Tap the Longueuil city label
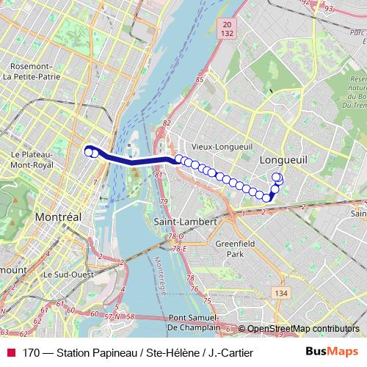click(x=282, y=159)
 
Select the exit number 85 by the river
click(x=199, y=79)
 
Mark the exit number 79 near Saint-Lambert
click(x=164, y=201)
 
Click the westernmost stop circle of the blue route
click(x=89, y=152)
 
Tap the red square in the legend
click(x=11, y=352)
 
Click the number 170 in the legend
click(x=31, y=352)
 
